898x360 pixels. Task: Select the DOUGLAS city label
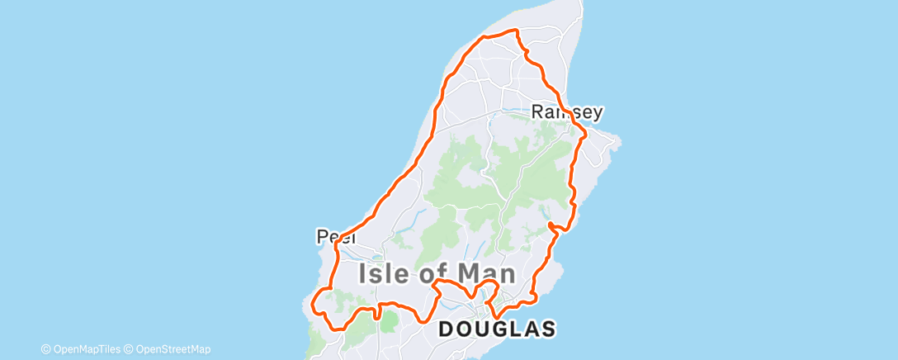[x=497, y=329]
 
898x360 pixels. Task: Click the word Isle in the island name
[x=388, y=274]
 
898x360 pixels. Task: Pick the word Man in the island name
[x=489, y=274]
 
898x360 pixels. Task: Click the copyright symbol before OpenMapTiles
[x=46, y=348]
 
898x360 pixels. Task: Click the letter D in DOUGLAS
[x=447, y=329]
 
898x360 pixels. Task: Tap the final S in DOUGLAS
[x=547, y=329]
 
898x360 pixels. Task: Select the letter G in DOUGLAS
[x=498, y=329]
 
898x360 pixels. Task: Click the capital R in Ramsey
[x=539, y=111]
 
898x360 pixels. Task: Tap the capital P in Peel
[x=323, y=237]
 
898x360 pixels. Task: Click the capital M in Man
[x=471, y=274]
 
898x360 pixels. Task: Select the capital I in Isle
[x=364, y=274]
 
